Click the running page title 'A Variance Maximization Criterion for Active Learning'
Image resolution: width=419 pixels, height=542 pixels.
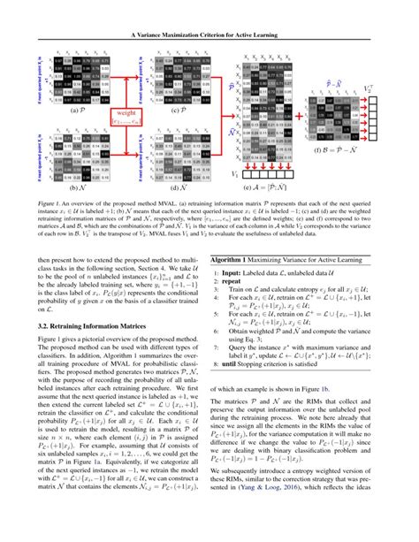[209, 10]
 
